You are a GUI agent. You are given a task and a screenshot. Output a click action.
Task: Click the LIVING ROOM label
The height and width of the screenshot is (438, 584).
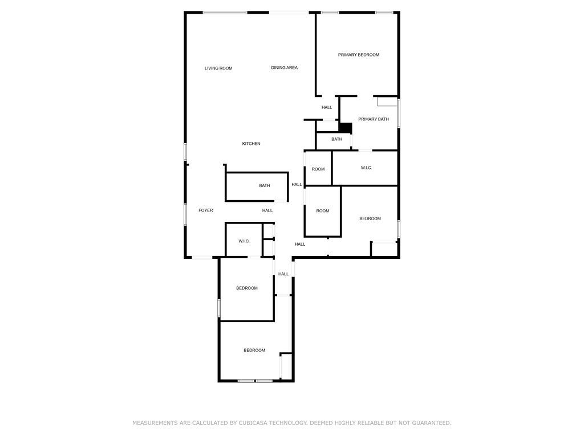pos(218,68)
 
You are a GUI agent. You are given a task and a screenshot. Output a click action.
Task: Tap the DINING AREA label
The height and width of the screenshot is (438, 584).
pos(284,68)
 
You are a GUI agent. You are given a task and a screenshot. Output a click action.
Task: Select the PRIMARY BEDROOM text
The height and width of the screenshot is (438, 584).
pos(358,55)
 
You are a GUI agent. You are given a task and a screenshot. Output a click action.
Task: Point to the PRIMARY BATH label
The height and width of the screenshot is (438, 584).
pos(374,119)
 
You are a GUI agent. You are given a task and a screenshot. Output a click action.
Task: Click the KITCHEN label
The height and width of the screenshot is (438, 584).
pos(251,144)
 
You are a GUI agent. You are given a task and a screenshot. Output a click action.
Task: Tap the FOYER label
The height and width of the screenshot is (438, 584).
pos(205,210)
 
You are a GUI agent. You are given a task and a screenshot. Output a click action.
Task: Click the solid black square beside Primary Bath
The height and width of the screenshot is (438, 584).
pos(345,128)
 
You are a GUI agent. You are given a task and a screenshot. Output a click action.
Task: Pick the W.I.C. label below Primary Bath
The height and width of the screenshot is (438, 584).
pos(366,168)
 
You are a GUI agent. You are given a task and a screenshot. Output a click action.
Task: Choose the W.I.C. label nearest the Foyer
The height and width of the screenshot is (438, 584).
pos(244,241)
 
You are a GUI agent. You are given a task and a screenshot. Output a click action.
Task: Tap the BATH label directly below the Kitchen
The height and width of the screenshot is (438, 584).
pos(264,185)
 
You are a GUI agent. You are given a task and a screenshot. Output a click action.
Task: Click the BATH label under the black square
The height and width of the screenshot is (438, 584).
pos(337,139)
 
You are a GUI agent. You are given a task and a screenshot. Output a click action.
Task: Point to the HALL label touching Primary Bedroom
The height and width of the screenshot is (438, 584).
pos(327,107)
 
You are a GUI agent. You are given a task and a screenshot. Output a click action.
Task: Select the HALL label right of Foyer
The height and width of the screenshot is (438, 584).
pos(267,210)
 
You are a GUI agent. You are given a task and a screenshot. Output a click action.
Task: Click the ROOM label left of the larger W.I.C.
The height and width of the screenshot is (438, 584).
pos(318,169)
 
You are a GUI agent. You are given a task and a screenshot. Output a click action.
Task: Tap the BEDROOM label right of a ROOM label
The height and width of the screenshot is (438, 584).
pos(370,218)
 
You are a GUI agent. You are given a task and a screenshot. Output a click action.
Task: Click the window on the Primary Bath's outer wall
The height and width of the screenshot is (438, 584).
pos(399,113)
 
